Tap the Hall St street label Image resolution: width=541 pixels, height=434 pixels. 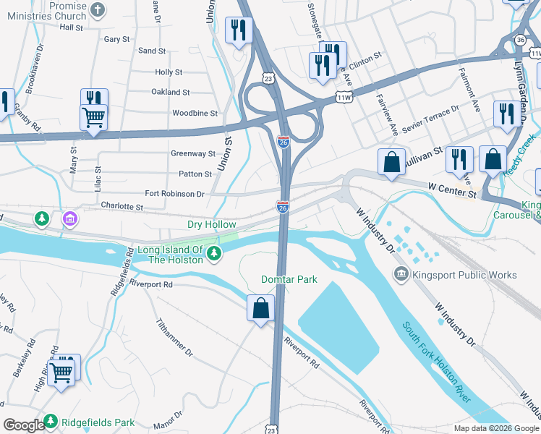point(72,27)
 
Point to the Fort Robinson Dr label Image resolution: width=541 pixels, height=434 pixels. point(174,194)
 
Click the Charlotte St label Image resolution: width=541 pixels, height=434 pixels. point(122,206)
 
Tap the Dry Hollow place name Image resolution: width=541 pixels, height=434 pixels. point(211,225)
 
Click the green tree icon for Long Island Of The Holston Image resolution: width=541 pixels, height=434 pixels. point(214,252)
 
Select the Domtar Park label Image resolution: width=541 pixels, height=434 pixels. point(289,279)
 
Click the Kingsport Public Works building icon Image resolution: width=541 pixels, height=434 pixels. point(400,274)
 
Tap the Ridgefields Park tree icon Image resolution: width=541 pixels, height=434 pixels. point(51,421)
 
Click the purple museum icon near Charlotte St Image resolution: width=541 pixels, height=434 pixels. point(70,218)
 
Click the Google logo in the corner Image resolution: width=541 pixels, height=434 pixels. point(24,425)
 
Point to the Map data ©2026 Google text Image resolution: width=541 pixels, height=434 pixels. point(496,428)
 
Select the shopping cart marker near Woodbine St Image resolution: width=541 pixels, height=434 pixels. point(94,116)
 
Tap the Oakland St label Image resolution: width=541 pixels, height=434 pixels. point(170,93)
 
